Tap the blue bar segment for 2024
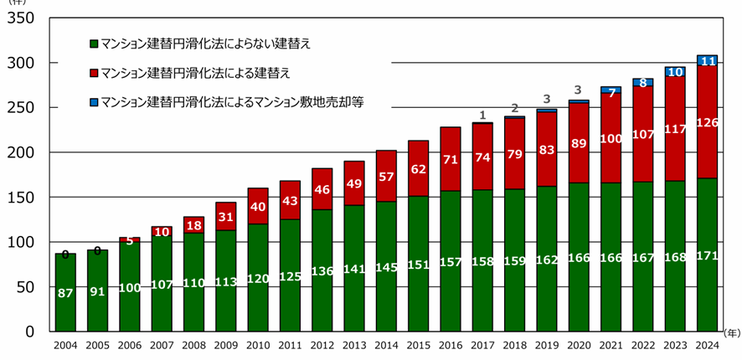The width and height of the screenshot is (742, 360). [708, 60]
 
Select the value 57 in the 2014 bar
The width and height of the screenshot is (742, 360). [387, 177]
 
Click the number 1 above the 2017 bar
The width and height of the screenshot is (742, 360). [483, 115]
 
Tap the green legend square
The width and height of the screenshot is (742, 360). [94, 43]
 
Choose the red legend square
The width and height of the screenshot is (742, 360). [94, 73]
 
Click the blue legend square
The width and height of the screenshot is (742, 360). [94, 103]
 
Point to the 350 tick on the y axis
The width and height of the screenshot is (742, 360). [28, 18]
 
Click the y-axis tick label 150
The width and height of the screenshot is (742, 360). [28, 198]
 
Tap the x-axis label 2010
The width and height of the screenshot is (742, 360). [259, 344]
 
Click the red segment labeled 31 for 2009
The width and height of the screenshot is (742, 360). [227, 216]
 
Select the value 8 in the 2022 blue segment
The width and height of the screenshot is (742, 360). [643, 83]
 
